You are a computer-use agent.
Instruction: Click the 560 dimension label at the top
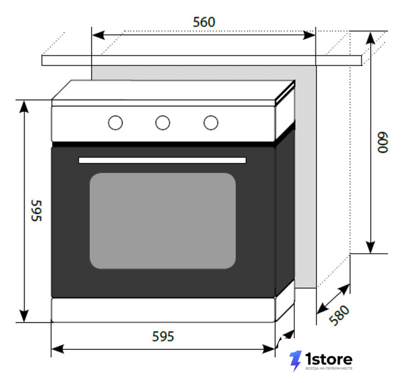click(x=204, y=22)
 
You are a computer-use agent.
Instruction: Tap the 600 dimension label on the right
click(x=382, y=142)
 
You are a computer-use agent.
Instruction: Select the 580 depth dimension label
click(x=339, y=315)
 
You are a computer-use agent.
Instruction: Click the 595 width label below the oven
click(x=163, y=336)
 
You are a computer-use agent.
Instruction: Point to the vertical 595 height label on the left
click(x=36, y=211)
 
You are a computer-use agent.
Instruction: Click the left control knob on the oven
click(x=115, y=123)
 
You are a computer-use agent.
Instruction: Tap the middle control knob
click(x=163, y=123)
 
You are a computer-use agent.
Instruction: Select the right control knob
click(x=211, y=123)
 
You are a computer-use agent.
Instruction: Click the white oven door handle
click(x=162, y=160)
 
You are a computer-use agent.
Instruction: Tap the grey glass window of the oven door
click(x=163, y=221)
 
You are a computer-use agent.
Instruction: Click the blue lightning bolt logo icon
click(x=296, y=361)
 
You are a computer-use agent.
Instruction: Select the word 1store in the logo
click(x=329, y=360)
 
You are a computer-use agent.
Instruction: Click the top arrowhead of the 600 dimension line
click(x=371, y=38)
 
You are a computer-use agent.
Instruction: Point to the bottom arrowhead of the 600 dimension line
click(x=371, y=247)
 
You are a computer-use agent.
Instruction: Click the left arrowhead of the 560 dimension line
click(x=99, y=35)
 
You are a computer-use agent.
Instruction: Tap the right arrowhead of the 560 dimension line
click(x=309, y=35)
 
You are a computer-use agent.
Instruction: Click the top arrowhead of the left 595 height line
click(x=24, y=107)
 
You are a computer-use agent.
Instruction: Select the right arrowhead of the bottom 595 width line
click(x=269, y=349)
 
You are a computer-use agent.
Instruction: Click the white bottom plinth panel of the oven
click(x=163, y=310)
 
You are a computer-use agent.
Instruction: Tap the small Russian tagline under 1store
click(x=329, y=368)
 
